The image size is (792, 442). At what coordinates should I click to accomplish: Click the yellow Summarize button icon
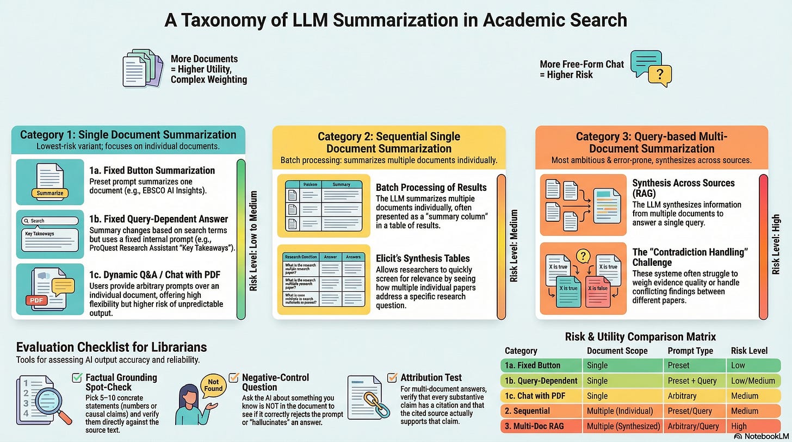[50, 192]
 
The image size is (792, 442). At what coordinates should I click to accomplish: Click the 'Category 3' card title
[651, 142]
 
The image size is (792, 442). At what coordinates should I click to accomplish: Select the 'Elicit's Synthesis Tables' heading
[423, 258]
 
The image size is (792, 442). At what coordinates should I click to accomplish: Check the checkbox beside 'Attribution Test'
[392, 377]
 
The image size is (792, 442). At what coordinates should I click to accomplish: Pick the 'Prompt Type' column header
[690, 351]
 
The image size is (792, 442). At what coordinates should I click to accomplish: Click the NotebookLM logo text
[766, 436]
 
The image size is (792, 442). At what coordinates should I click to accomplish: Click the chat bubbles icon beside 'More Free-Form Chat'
[650, 67]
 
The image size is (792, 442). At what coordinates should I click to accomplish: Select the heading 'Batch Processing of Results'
[431, 187]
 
